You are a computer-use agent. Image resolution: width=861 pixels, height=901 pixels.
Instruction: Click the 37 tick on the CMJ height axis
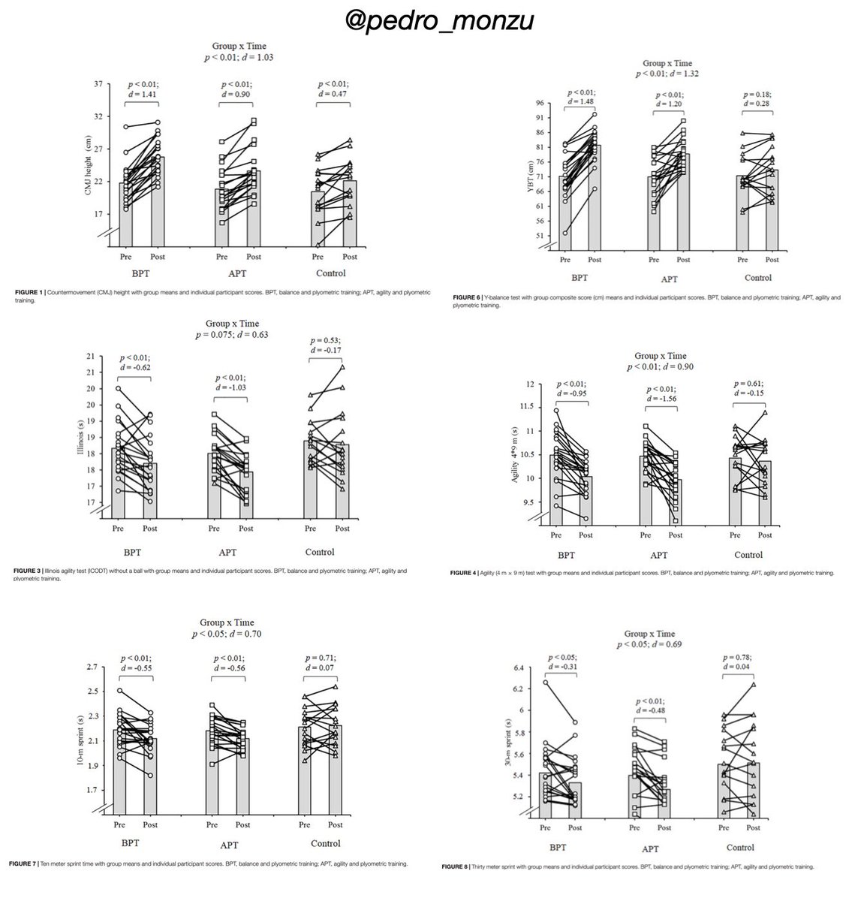click(98, 84)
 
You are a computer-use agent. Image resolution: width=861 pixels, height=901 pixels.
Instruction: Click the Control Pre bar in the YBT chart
click(742, 210)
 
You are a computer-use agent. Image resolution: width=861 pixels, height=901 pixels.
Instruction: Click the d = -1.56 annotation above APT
click(661, 398)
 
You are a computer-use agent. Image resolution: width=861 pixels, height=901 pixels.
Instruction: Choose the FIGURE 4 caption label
click(468, 572)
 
